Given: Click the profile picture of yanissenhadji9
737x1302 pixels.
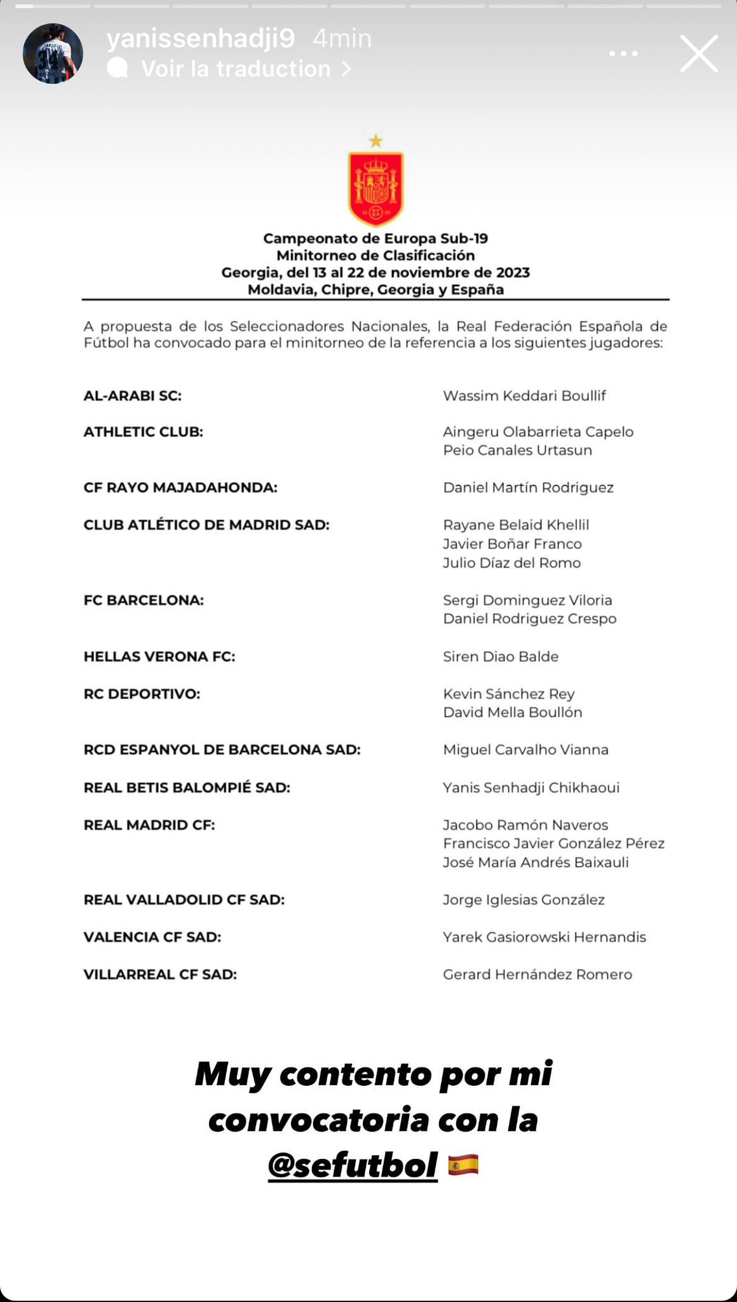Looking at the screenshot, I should (53, 54).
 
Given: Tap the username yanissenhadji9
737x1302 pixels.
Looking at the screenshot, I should (201, 39).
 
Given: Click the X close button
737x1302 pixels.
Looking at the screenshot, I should (699, 53).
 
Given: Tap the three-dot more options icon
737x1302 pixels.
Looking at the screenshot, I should (623, 54).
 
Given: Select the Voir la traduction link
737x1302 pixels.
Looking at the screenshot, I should (236, 69).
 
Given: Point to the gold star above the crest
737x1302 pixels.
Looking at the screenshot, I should (376, 140).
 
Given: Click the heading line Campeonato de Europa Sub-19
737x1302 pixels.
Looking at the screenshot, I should (375, 238).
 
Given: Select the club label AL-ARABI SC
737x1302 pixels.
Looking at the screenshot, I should (132, 395).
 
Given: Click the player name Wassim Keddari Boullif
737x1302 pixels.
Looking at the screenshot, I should (524, 395).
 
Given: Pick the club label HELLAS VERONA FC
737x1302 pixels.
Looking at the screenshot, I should (159, 656).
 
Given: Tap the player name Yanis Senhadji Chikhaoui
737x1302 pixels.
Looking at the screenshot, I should (531, 787).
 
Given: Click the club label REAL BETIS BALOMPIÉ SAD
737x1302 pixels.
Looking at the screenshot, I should (187, 787).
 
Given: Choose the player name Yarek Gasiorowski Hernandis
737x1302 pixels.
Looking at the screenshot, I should (544, 936).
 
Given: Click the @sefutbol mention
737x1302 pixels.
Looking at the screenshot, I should (353, 1165).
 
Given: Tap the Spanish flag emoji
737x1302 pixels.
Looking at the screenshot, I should (463, 1165).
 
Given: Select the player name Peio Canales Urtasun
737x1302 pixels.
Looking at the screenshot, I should (517, 450).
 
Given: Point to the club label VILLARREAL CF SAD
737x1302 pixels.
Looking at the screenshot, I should (160, 974).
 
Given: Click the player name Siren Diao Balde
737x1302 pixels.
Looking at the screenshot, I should (501, 656).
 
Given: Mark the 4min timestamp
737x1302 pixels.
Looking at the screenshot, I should (342, 39).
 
